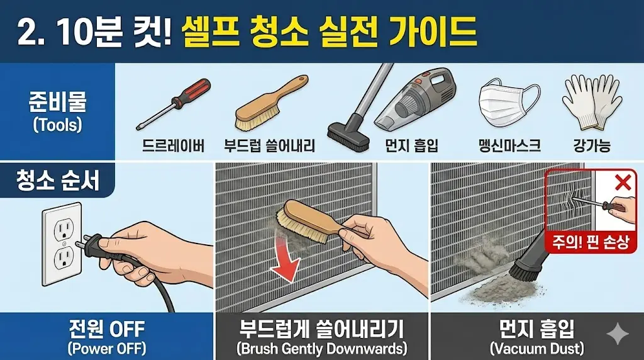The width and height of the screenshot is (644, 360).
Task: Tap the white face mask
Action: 508,106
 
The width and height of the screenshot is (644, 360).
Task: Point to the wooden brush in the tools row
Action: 270,103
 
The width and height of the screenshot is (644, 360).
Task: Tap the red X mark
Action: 623,182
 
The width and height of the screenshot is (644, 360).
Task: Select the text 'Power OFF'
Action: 106,349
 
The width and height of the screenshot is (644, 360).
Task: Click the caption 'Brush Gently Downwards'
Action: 321,349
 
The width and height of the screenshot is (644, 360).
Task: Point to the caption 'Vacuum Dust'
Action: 537,349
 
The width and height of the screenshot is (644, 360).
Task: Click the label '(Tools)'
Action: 57,125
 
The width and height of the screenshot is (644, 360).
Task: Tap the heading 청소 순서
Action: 57,180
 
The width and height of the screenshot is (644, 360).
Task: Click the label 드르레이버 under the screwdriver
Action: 173,145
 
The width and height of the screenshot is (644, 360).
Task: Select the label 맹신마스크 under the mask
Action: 509,145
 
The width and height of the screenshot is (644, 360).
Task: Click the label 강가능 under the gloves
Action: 592,145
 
